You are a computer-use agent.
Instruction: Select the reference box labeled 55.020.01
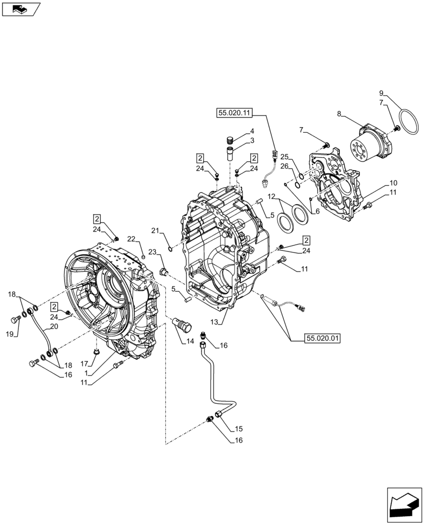pos(322,339)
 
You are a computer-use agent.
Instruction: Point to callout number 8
pos(340,113)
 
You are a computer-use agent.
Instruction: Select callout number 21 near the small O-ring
pos(155,231)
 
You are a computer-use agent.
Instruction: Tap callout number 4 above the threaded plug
pos(252,131)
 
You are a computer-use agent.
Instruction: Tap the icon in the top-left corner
pos(21,9)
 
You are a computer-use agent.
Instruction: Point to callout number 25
pos(284,157)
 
